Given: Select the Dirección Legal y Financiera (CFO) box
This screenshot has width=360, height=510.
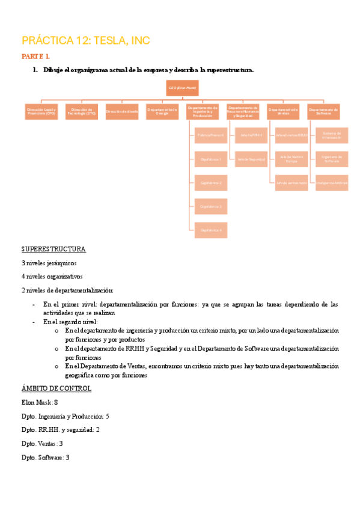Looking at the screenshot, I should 41,112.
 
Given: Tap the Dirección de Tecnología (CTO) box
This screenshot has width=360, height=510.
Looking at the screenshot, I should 82,112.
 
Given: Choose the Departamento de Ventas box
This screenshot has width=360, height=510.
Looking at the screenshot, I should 283,112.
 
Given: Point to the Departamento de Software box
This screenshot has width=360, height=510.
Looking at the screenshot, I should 323,112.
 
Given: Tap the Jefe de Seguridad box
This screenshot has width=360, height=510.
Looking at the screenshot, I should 251,159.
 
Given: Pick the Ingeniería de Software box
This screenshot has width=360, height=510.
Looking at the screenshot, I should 332,159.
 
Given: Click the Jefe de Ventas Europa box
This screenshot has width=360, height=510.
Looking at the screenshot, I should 291,159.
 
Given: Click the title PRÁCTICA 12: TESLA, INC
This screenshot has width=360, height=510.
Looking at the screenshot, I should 85,41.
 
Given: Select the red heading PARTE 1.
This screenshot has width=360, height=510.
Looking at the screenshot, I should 35,57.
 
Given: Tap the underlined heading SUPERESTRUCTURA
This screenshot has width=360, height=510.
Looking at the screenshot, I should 53,249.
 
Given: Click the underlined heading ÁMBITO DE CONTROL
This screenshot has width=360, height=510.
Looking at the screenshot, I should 56,389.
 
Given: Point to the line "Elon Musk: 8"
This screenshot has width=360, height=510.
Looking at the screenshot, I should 40,402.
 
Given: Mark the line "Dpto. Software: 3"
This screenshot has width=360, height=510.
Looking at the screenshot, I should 46,458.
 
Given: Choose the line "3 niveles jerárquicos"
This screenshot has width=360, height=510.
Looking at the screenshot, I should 49,263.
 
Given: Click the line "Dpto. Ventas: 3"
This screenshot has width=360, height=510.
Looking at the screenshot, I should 42,444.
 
